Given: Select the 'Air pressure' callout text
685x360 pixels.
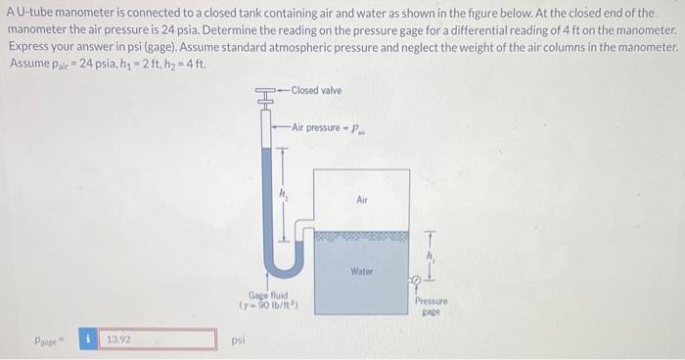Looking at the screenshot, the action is pos(320,127).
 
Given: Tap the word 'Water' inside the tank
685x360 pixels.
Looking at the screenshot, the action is pos(361,271).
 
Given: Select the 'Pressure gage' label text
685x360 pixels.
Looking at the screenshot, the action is pos(432,308).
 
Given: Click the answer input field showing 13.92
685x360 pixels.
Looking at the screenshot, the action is pos(160,339).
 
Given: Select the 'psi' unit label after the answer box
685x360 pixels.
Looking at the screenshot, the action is pos(237,342).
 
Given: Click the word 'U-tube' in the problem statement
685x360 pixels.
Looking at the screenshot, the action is pos(31,12).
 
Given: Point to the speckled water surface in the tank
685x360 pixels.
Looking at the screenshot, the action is pos(361,236).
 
